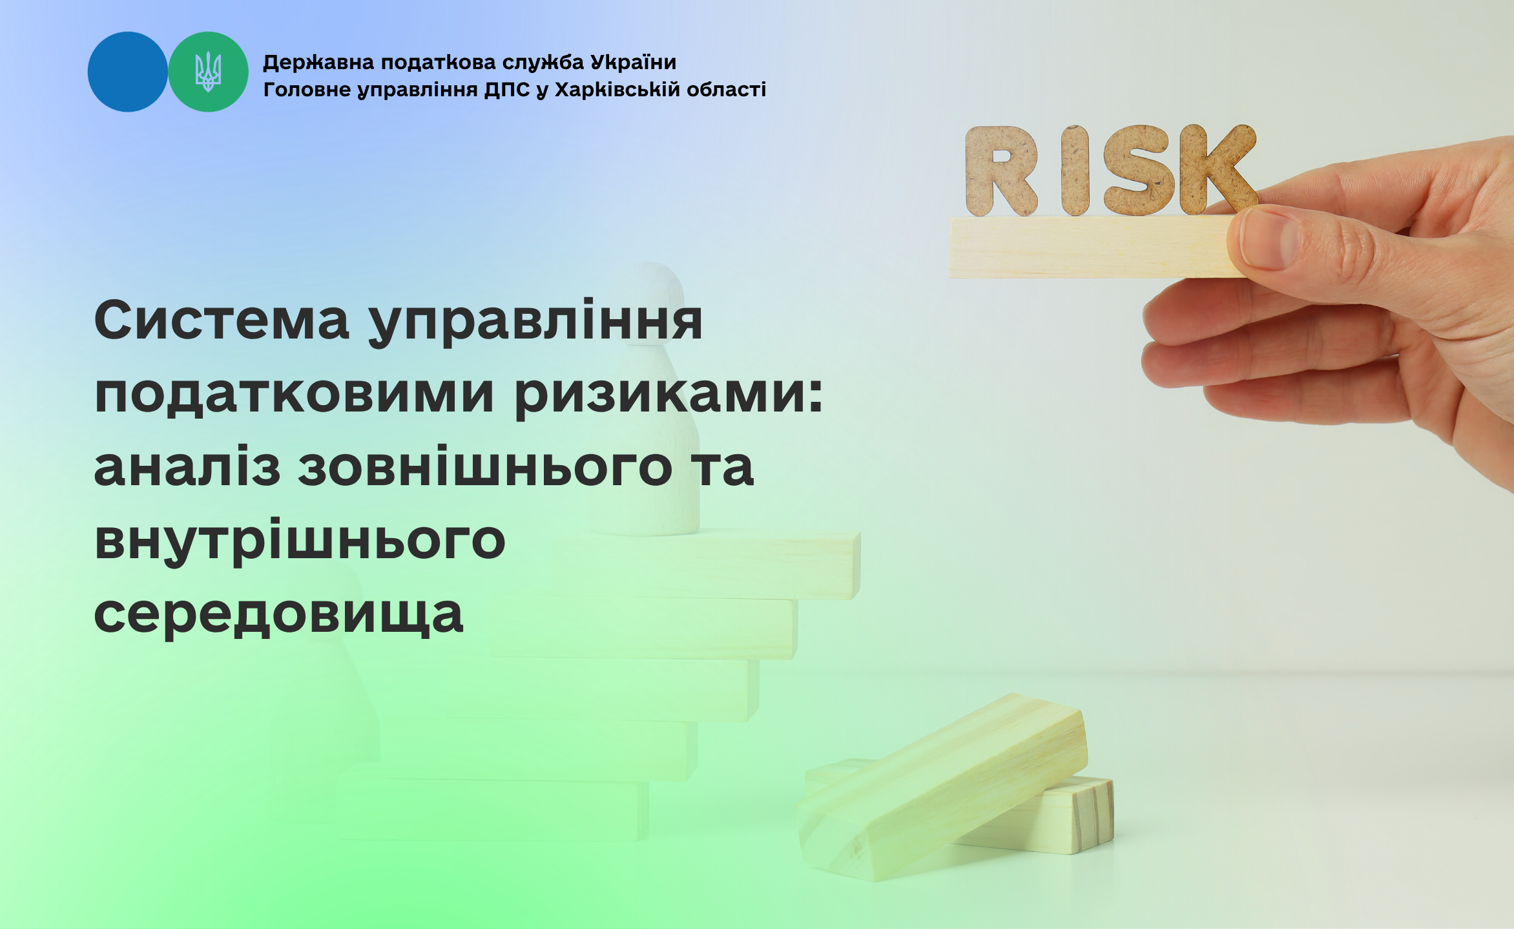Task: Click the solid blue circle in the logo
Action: pos(128,72)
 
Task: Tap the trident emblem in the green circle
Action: pos(208,72)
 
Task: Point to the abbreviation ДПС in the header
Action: pos(507,90)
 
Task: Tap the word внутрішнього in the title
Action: pos(300,541)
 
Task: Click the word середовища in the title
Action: pos(278,615)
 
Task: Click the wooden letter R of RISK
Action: pos(1001,171)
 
